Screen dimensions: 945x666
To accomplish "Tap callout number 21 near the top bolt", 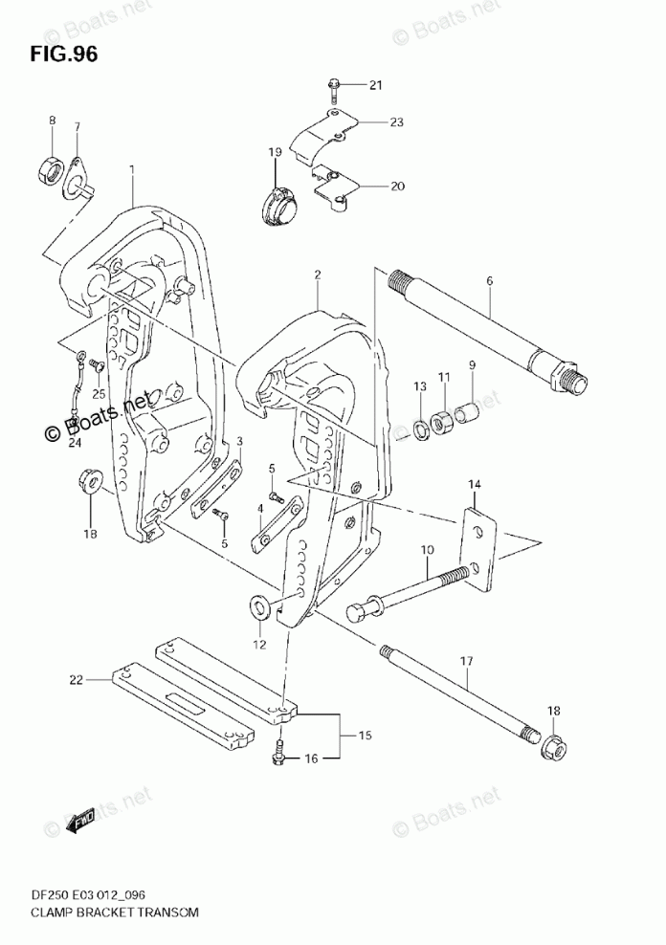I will point(375,86).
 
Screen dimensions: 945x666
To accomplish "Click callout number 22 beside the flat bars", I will point(78,681).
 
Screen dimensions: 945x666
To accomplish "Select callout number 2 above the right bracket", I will point(317,275).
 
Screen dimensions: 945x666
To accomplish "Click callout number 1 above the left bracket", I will point(132,169).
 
